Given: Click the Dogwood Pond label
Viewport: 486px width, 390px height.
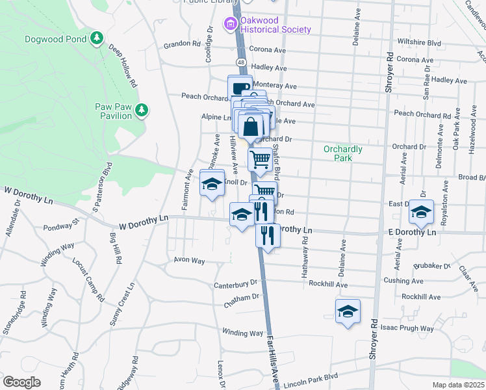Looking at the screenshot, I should [x=57, y=39].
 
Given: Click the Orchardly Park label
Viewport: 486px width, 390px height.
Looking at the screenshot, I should [x=343, y=153].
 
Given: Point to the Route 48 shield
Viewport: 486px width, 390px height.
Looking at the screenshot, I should [x=241, y=62].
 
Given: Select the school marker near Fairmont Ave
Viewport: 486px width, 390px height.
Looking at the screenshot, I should [x=211, y=185].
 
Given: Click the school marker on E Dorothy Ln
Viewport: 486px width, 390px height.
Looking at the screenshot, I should [x=421, y=213].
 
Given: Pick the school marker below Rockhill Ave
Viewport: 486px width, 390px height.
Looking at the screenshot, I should [x=348, y=311].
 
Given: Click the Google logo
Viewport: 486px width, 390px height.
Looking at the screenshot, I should [x=21, y=382].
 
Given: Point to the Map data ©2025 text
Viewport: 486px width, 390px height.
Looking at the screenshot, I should [x=458, y=385].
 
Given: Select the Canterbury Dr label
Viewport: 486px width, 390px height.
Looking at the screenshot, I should [x=236, y=284].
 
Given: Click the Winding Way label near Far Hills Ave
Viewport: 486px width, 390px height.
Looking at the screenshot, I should [x=242, y=333].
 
